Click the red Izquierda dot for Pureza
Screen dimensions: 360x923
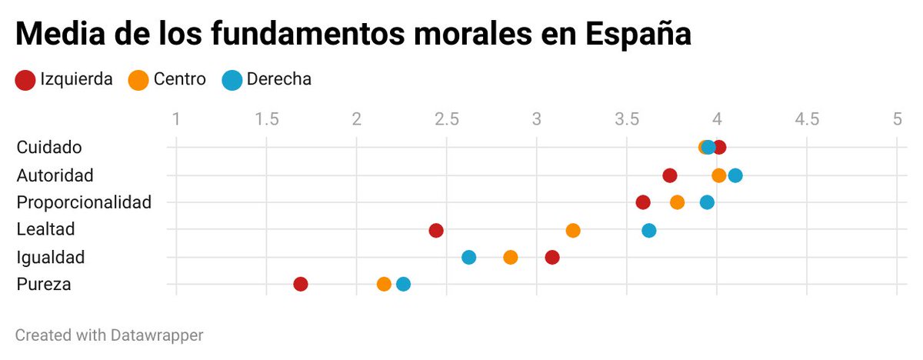coord(301,284)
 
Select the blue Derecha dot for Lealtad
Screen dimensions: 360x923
coord(649,230)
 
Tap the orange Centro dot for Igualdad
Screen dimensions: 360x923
coord(511,257)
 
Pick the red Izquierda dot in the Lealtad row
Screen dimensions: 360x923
coord(436,230)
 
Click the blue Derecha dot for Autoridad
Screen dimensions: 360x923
coord(735,175)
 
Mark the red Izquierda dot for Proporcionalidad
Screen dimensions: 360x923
coord(643,202)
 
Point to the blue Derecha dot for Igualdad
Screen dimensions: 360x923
coord(469,257)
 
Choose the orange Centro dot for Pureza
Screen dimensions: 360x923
coord(384,284)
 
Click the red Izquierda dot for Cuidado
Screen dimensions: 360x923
coord(719,148)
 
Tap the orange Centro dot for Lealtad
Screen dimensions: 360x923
coord(573,230)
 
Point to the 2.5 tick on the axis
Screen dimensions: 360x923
coord(446,119)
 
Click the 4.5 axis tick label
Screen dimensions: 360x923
coord(806,119)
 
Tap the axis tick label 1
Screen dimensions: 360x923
coord(176,119)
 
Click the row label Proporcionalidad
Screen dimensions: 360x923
coord(84,202)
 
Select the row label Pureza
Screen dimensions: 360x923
coord(44,285)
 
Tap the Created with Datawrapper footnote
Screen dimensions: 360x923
coord(109,335)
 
